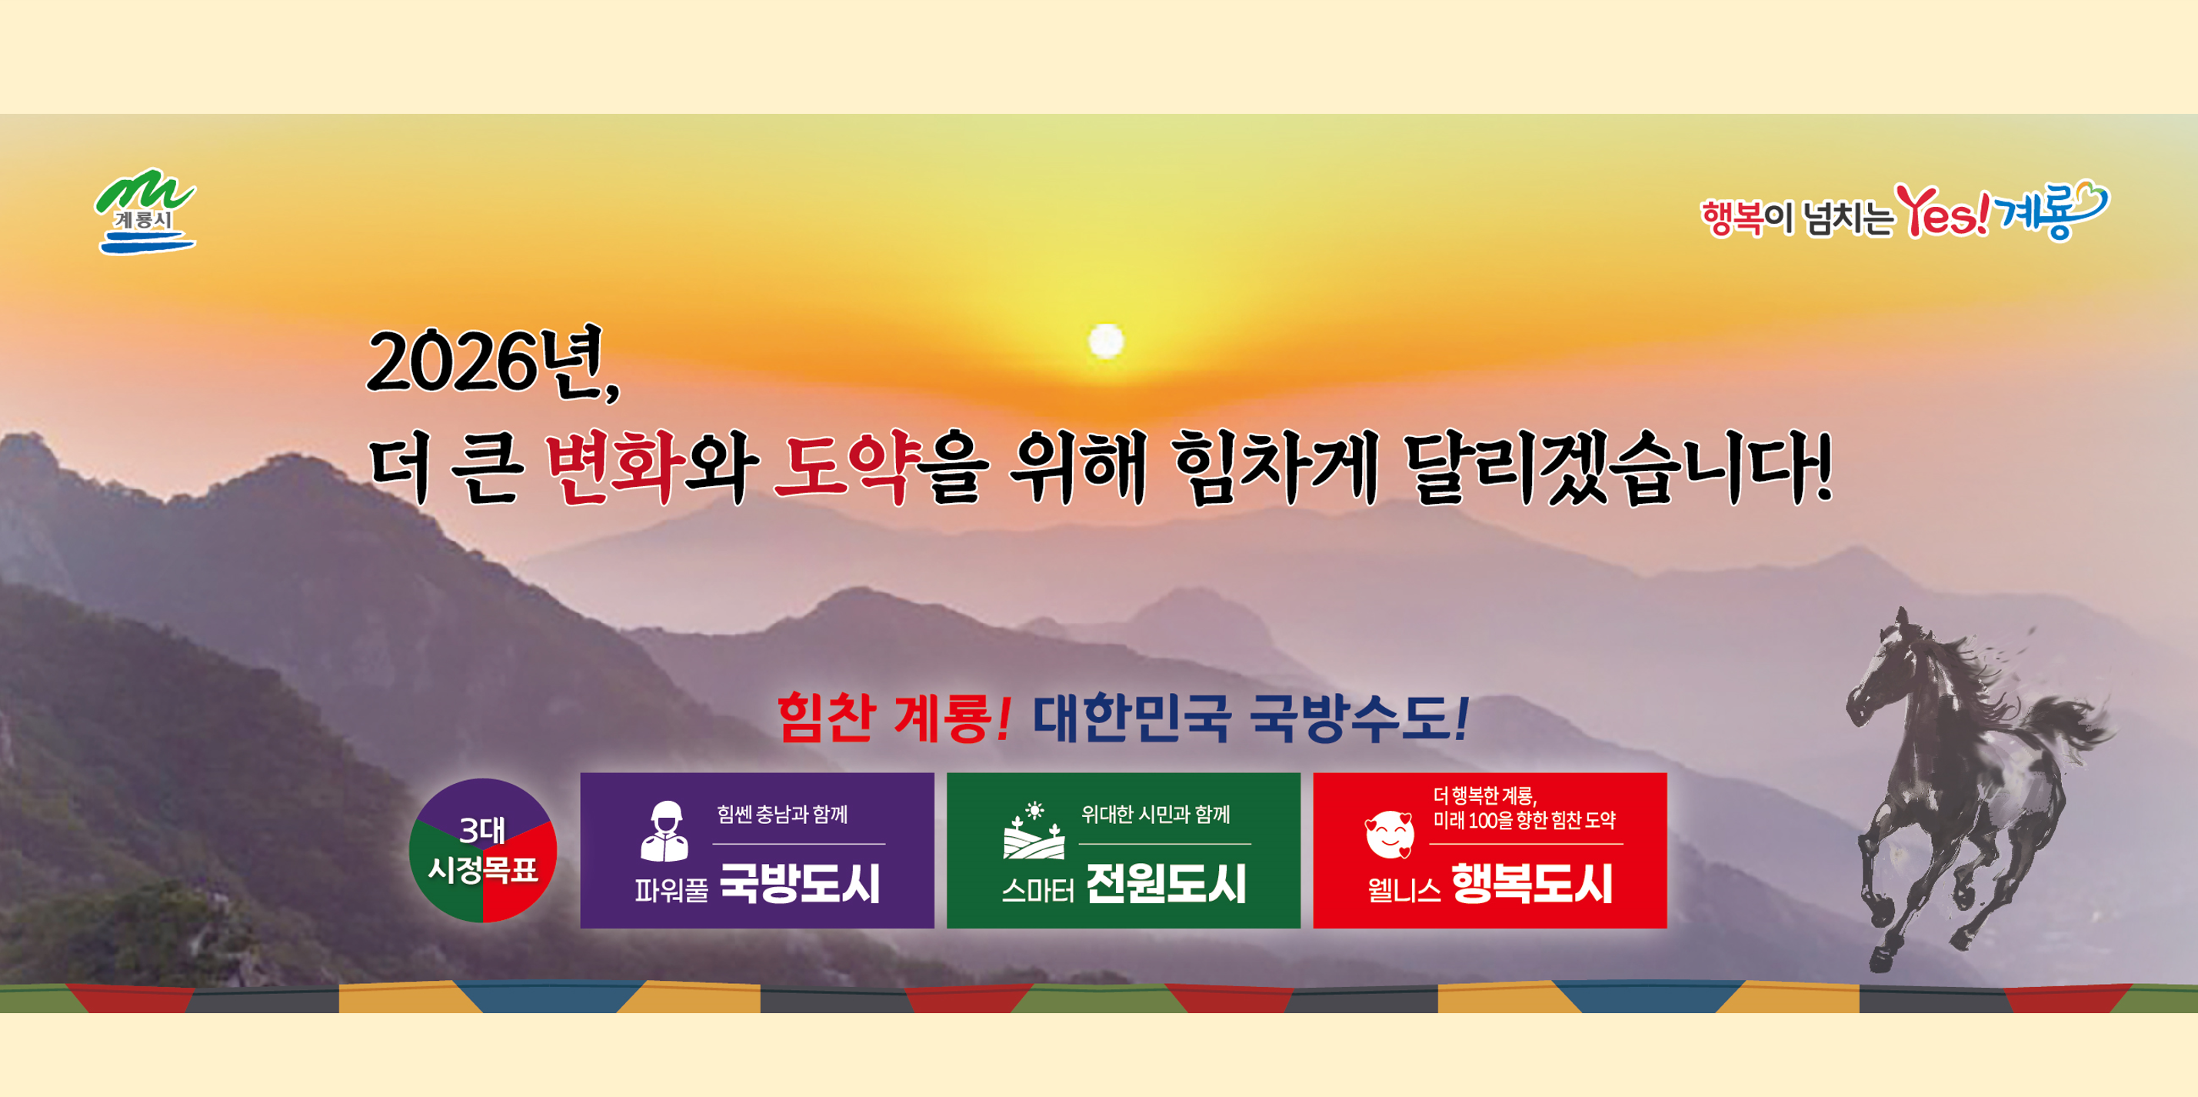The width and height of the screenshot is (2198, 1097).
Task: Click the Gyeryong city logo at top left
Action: (145, 211)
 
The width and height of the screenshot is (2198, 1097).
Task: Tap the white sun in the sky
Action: (1107, 342)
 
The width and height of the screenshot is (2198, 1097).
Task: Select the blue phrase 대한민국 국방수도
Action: (1250, 717)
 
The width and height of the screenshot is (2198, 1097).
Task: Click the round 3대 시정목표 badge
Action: (483, 850)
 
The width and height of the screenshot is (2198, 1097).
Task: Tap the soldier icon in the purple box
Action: (664, 831)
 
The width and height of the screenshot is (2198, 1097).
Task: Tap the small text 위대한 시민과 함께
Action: (1155, 815)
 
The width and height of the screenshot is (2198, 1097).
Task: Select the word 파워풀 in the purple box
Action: (671, 890)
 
